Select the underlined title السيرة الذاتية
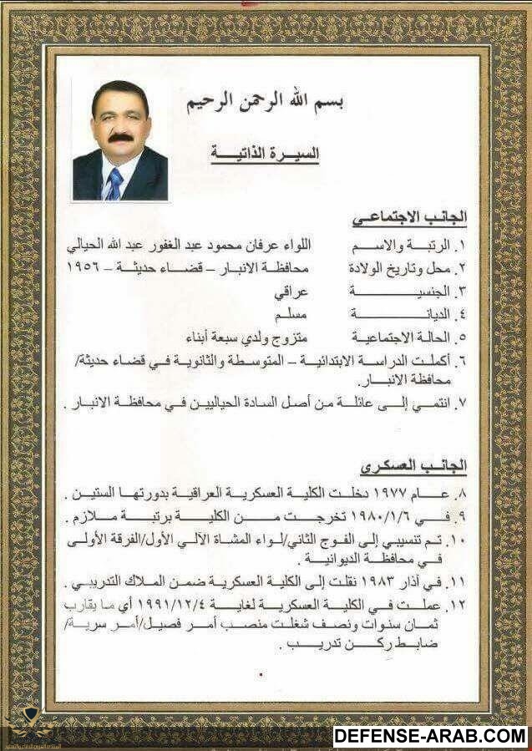point(269,155)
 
